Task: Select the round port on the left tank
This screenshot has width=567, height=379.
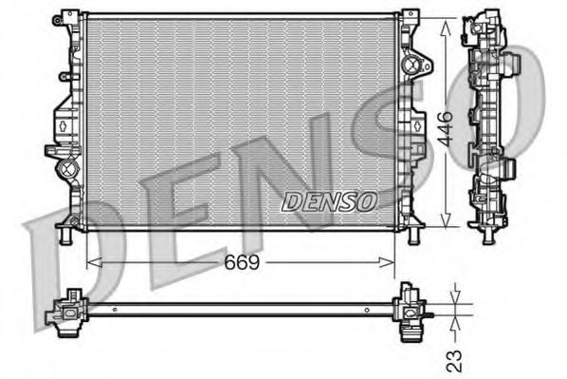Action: (x=65, y=171)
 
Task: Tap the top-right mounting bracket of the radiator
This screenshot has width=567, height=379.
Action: (x=410, y=16)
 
